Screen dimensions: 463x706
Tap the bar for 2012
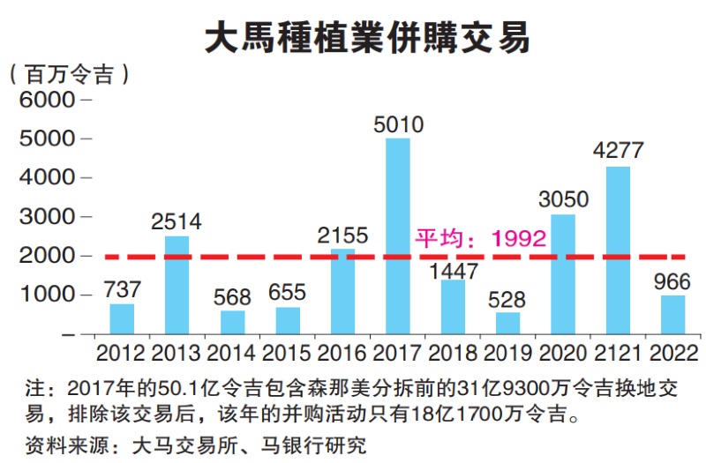click(122, 318)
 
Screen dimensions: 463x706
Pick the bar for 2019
click(507, 323)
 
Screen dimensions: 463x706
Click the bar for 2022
click(673, 314)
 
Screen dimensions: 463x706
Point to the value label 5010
click(398, 123)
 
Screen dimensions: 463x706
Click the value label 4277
click(618, 150)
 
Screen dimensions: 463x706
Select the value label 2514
click(176, 221)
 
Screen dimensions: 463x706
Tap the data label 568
click(232, 296)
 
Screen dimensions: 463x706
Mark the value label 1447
click(453, 270)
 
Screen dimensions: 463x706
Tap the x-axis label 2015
click(288, 355)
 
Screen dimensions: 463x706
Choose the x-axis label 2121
click(618, 355)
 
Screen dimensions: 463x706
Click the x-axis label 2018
click(453, 355)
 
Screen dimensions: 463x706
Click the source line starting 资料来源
click(195, 444)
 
